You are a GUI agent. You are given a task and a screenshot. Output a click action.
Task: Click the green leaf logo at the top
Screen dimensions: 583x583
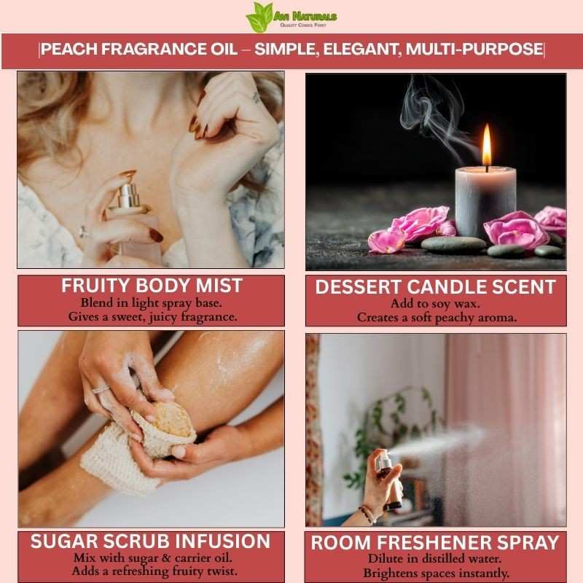pyautogui.click(x=259, y=17)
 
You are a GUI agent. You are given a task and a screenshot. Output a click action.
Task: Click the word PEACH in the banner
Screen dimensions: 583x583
pyautogui.click(x=69, y=49)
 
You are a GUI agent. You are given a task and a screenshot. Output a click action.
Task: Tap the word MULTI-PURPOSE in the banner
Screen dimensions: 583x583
pyautogui.click(x=474, y=49)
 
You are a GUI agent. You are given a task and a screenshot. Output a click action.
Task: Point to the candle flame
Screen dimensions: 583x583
pyautogui.click(x=487, y=146)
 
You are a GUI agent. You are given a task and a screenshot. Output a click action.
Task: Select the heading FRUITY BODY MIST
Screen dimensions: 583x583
pyautogui.click(x=152, y=286)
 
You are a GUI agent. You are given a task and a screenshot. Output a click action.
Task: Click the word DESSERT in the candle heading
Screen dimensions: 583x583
pyautogui.click(x=358, y=287)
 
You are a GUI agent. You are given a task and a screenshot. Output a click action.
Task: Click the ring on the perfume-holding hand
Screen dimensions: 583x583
pyautogui.click(x=83, y=232)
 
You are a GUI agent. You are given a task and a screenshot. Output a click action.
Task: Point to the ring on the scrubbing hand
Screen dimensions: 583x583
pyautogui.click(x=101, y=390)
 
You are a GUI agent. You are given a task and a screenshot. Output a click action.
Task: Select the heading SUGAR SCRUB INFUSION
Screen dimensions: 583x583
pyautogui.click(x=150, y=541)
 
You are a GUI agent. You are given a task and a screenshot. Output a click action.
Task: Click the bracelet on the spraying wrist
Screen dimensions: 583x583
pyautogui.click(x=368, y=514)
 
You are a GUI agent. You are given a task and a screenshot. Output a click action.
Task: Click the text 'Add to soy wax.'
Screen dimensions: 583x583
pyautogui.click(x=435, y=304)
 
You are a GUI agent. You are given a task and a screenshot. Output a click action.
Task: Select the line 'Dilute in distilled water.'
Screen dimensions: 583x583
pyautogui.click(x=434, y=559)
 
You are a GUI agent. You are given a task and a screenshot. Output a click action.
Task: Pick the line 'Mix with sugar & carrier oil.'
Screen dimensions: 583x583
pyautogui.click(x=153, y=558)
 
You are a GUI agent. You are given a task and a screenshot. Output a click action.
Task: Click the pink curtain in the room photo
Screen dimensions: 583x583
pyautogui.click(x=506, y=428)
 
